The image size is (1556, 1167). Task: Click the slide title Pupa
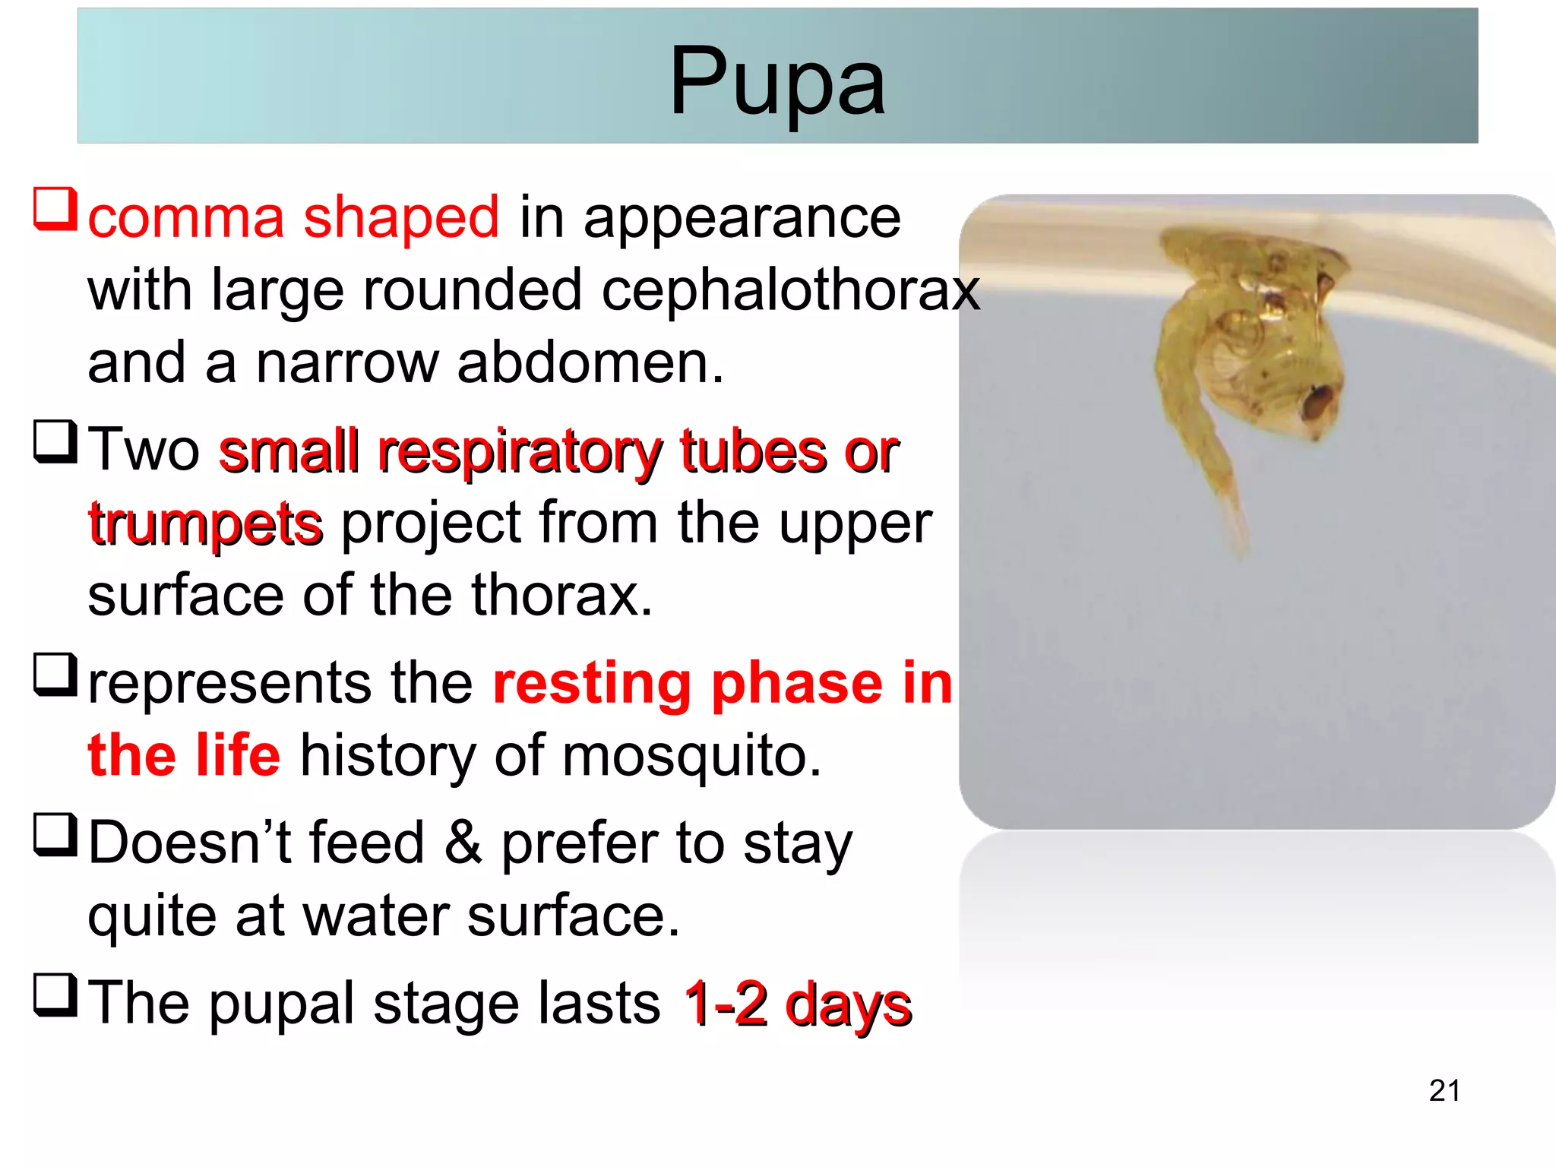pyautogui.click(x=776, y=82)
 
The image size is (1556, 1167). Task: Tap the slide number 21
pyautogui.click(x=1444, y=1090)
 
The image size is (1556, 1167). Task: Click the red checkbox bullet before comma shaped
pyautogui.click(x=55, y=209)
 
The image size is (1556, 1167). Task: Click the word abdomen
pyautogui.click(x=589, y=362)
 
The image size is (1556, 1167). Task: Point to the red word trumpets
pyautogui.click(x=205, y=523)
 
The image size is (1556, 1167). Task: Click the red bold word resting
pyautogui.click(x=592, y=683)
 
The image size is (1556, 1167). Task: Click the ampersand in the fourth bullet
pyautogui.click(x=463, y=843)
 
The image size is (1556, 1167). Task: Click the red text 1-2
pyautogui.click(x=726, y=1004)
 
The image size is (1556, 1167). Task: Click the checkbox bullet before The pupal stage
pyautogui.click(x=55, y=995)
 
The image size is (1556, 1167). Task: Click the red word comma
pyautogui.click(x=185, y=218)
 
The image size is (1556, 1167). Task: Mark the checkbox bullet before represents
pyautogui.click(x=55, y=674)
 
